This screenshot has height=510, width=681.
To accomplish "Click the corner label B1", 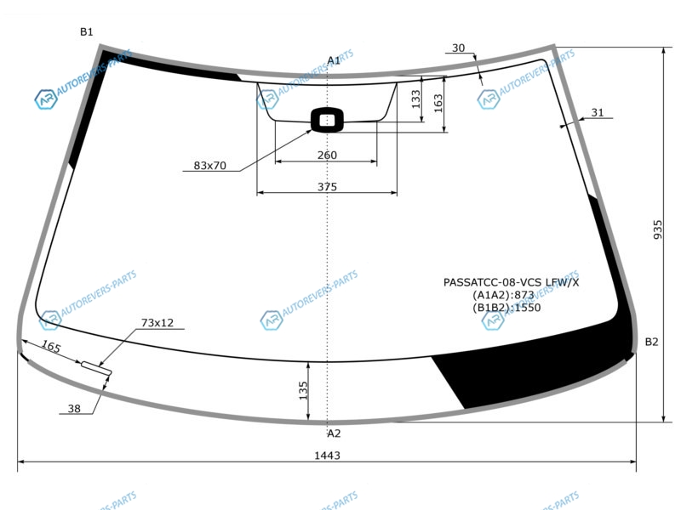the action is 87,31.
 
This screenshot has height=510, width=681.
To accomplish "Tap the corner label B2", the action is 651,342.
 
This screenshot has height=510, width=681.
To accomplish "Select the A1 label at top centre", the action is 334,60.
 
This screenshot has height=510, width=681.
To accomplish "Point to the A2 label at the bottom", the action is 334,433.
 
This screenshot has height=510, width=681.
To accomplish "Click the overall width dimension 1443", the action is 327,456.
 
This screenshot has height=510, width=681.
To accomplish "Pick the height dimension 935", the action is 658,229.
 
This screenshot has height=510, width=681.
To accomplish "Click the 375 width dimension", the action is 327,186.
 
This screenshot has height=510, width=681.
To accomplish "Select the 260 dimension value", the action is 327,155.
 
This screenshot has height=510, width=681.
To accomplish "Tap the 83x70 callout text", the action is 209,165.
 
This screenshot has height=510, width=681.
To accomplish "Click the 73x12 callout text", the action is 157,323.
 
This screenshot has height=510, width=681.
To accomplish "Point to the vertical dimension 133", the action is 415,99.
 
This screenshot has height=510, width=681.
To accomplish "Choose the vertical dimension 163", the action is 438,103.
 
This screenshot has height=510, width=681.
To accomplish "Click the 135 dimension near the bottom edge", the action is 303,390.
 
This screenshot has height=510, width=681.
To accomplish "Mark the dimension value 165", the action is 51,346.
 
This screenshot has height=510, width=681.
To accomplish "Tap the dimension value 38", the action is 74,409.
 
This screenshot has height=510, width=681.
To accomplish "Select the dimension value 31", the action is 598,113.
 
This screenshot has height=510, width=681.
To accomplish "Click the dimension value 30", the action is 458,48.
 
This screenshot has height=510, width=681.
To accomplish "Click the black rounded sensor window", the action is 328,120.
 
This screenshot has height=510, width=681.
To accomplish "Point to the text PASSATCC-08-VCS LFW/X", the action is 511,282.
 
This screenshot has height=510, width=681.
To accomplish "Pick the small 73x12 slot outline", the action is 96,367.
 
